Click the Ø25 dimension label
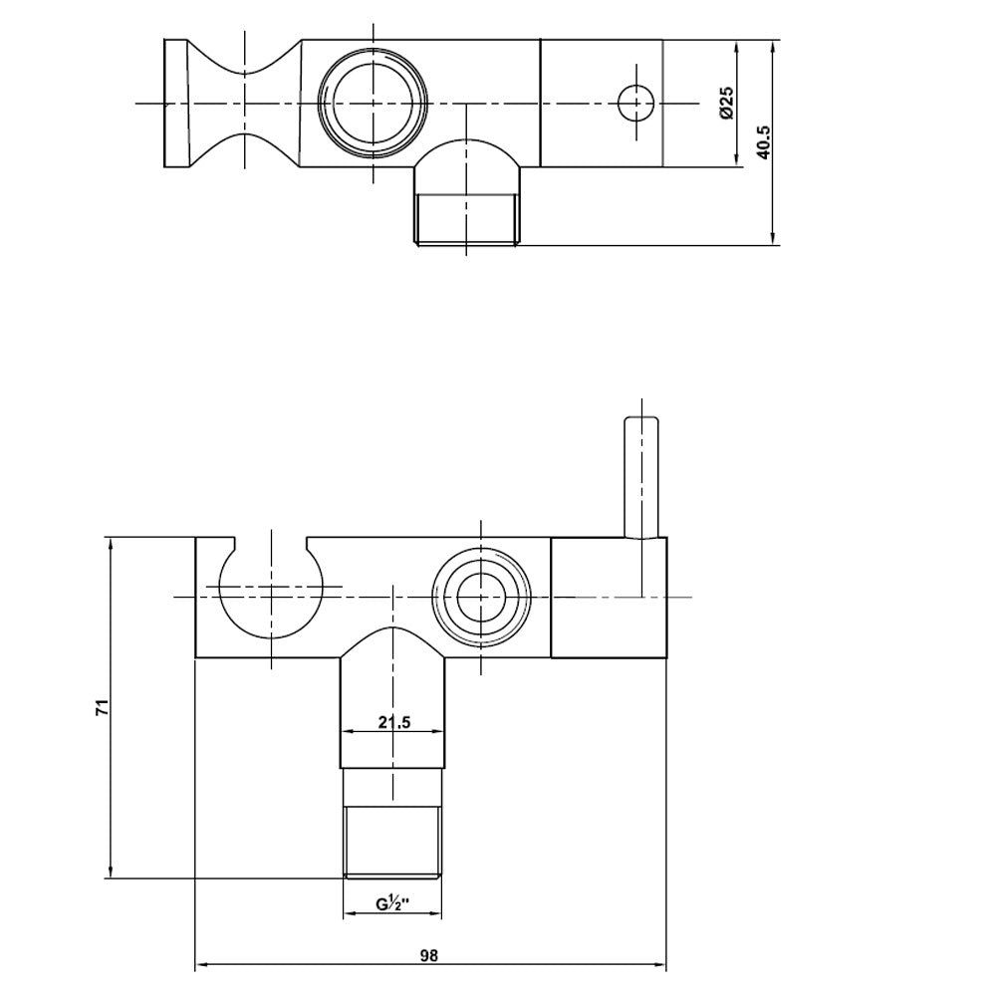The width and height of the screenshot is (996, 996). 727,103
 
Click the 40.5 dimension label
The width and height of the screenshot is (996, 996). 763,141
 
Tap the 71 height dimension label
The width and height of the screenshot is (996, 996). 103,707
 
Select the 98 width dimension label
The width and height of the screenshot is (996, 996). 429,955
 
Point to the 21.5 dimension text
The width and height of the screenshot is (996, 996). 394,722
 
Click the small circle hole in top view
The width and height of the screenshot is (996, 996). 636,103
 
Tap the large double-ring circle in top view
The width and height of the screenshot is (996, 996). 373,103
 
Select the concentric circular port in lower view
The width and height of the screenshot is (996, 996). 481,597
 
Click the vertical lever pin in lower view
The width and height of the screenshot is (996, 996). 641,478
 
